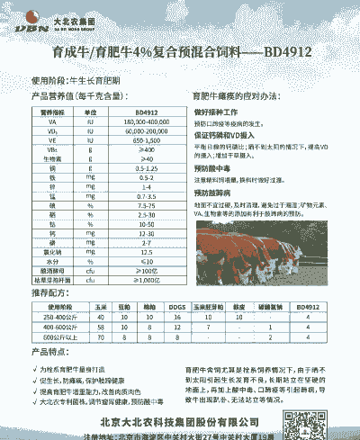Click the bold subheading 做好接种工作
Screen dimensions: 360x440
click(215, 111)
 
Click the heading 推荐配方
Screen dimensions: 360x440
click(49, 293)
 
